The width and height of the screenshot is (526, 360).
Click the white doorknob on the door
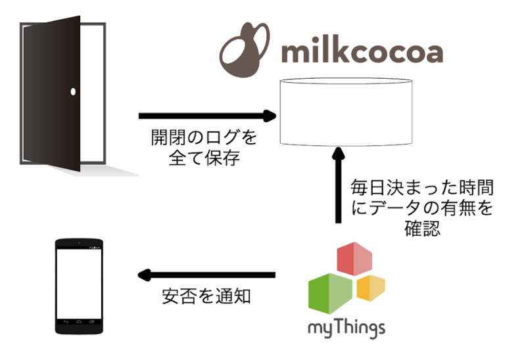point(73,91)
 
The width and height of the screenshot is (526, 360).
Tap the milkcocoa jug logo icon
point(245,50)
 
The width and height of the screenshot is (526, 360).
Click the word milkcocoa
point(362,53)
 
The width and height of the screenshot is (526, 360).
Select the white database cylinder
point(346,112)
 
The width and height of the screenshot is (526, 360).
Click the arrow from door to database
point(207,116)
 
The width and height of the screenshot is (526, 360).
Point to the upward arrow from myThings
point(338,185)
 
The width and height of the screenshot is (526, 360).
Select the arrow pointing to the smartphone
point(206,275)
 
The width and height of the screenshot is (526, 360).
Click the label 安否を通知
point(206,296)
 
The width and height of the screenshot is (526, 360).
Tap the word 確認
point(422,229)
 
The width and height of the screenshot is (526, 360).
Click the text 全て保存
point(204,158)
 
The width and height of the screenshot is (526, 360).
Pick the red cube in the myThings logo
point(354,259)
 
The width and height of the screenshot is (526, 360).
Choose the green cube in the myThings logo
point(330,294)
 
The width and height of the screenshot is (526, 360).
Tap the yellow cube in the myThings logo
point(371,288)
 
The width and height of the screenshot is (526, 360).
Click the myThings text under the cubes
point(347,329)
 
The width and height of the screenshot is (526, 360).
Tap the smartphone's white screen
point(79,284)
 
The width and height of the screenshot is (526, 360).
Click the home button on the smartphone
point(79,322)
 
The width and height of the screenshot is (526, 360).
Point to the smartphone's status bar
point(79,248)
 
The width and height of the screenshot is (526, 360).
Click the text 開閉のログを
point(204,137)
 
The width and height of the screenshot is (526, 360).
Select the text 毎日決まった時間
point(422,188)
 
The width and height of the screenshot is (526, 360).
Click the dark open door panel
point(52,93)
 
